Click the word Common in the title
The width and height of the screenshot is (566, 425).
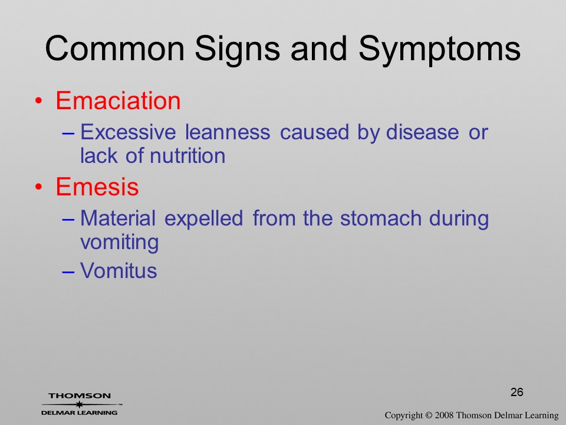pos(114,48)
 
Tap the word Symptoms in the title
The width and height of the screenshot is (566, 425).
pos(439,51)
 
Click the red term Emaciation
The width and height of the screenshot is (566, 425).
pos(118,100)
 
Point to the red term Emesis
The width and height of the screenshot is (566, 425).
pos(97,187)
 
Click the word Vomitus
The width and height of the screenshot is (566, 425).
pos(119,270)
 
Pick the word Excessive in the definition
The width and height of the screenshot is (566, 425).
pos(128,132)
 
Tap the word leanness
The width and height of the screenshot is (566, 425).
pos(228,132)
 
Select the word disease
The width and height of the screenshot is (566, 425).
pos(422,132)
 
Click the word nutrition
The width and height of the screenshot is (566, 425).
pos(187,156)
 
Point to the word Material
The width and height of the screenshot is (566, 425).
pos(118,218)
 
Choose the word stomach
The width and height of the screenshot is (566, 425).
pos(380,218)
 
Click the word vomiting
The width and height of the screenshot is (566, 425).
pos(120,243)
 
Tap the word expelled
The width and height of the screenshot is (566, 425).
pos(203,220)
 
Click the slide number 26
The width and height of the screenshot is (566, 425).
pos(517,392)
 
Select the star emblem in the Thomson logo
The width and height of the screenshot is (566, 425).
pos(79,404)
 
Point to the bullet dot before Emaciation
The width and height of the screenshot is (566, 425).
pos(39,101)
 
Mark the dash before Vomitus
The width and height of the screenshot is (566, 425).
pos(68,272)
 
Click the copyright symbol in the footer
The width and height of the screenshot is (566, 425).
pos(428,416)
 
